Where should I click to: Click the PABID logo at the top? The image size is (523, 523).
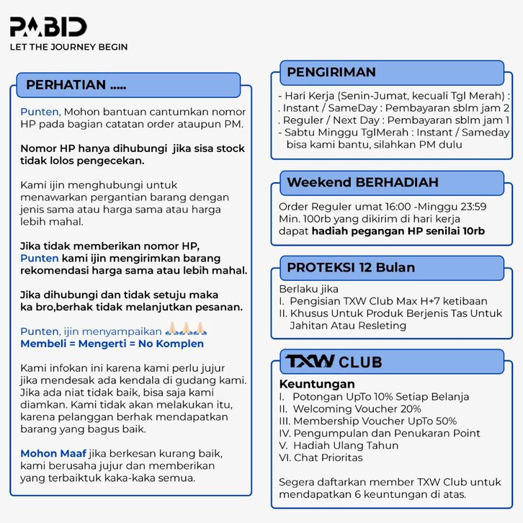tap(48, 27)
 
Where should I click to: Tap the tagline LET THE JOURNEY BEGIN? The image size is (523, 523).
tap(68, 47)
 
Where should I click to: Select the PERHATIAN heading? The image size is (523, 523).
tap(76, 85)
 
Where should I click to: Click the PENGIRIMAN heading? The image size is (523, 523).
tap(331, 72)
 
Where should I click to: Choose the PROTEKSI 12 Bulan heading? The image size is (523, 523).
tap(351, 267)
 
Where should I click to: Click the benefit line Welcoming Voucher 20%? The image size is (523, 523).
tap(357, 408)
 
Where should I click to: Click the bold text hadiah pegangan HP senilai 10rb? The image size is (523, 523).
tap(398, 231)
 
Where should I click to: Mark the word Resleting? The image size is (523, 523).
tap(377, 326)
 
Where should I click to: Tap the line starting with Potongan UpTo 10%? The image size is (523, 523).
tap(380, 396)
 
